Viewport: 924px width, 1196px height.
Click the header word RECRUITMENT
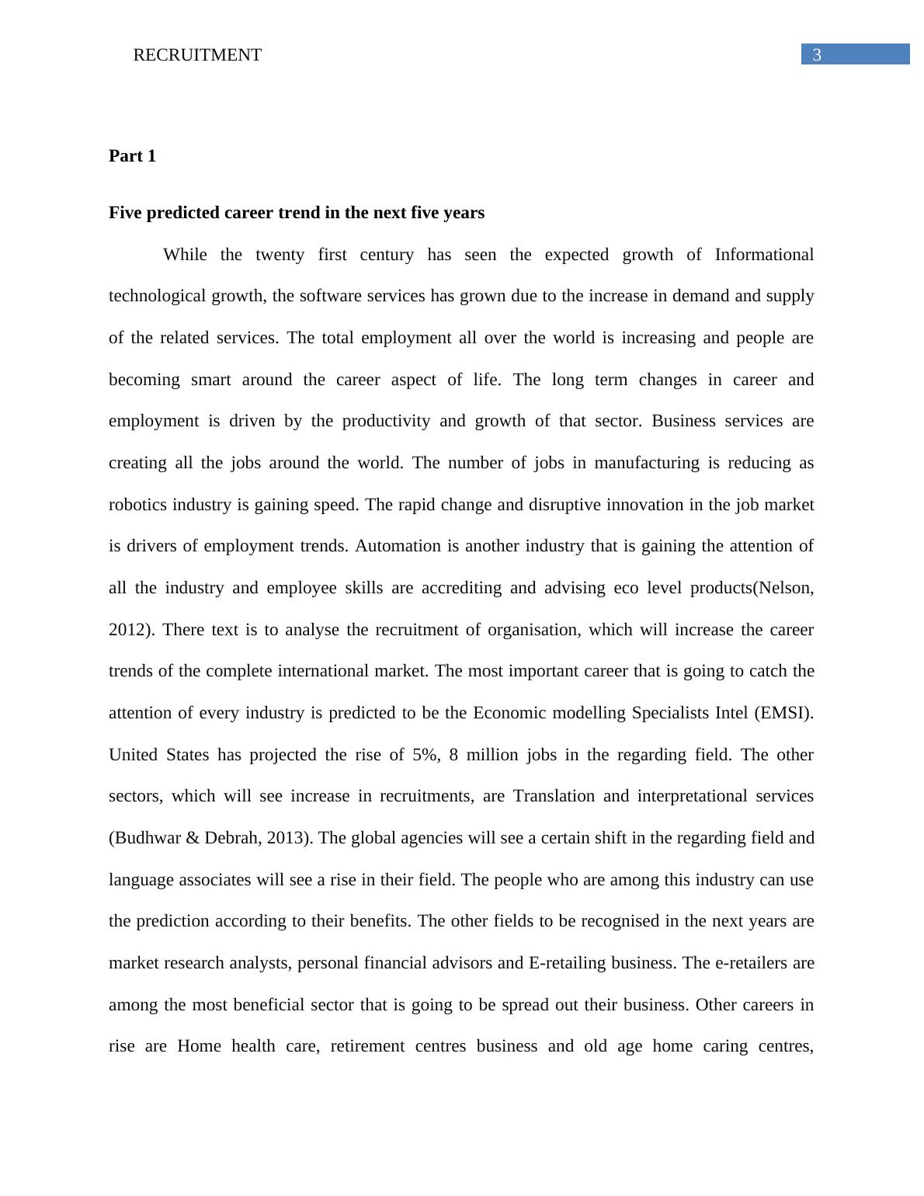[x=197, y=55]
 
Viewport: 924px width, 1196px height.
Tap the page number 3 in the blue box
[x=816, y=55]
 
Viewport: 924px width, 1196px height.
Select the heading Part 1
[x=132, y=156]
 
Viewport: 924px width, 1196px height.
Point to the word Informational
[x=764, y=255]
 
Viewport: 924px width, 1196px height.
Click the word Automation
[x=398, y=546]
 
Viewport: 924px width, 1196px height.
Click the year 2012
[x=127, y=630]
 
